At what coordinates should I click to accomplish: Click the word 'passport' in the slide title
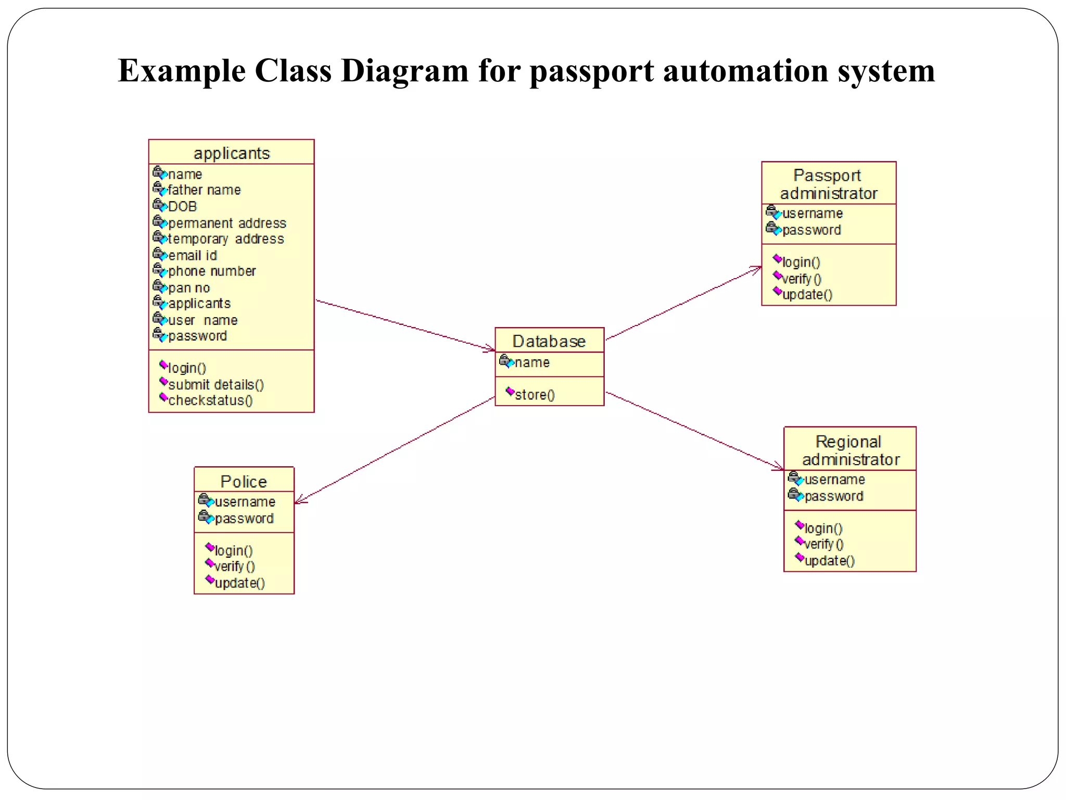coord(591,71)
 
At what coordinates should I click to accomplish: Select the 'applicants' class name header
coord(232,153)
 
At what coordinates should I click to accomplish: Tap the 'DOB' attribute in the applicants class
coord(182,206)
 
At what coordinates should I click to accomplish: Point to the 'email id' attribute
coord(192,255)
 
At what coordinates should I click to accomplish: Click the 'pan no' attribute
coord(189,287)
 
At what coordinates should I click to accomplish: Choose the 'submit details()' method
coord(216,384)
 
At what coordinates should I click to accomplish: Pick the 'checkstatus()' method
coord(210,400)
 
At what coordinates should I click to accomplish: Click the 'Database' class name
coord(549,341)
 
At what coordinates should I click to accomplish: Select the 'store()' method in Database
coord(535,394)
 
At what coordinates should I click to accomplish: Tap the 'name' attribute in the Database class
coord(531,362)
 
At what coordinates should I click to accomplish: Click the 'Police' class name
coord(244,481)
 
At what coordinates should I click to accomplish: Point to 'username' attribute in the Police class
coord(245,502)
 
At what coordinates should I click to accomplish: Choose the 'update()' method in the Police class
coord(239,583)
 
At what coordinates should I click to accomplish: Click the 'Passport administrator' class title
coord(828,184)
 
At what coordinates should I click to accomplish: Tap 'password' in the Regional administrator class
coord(834,496)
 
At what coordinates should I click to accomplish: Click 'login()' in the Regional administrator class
coord(823,528)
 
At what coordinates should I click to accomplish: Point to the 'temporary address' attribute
coord(225,239)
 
